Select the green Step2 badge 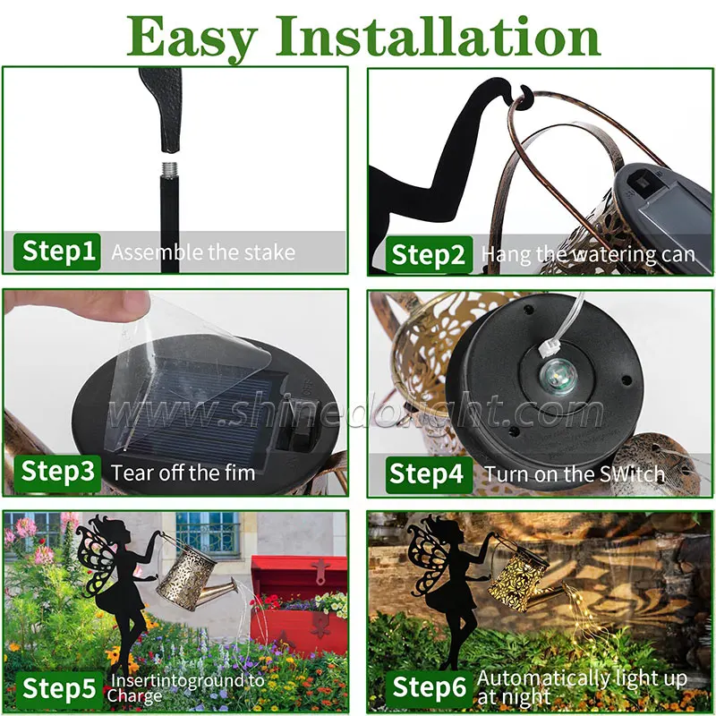coord(430,255)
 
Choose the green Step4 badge coord(430,473)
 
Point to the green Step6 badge coord(430,688)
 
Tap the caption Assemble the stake coord(202,252)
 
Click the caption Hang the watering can coord(588,255)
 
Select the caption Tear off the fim coord(183,472)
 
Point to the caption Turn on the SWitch coord(575,474)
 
